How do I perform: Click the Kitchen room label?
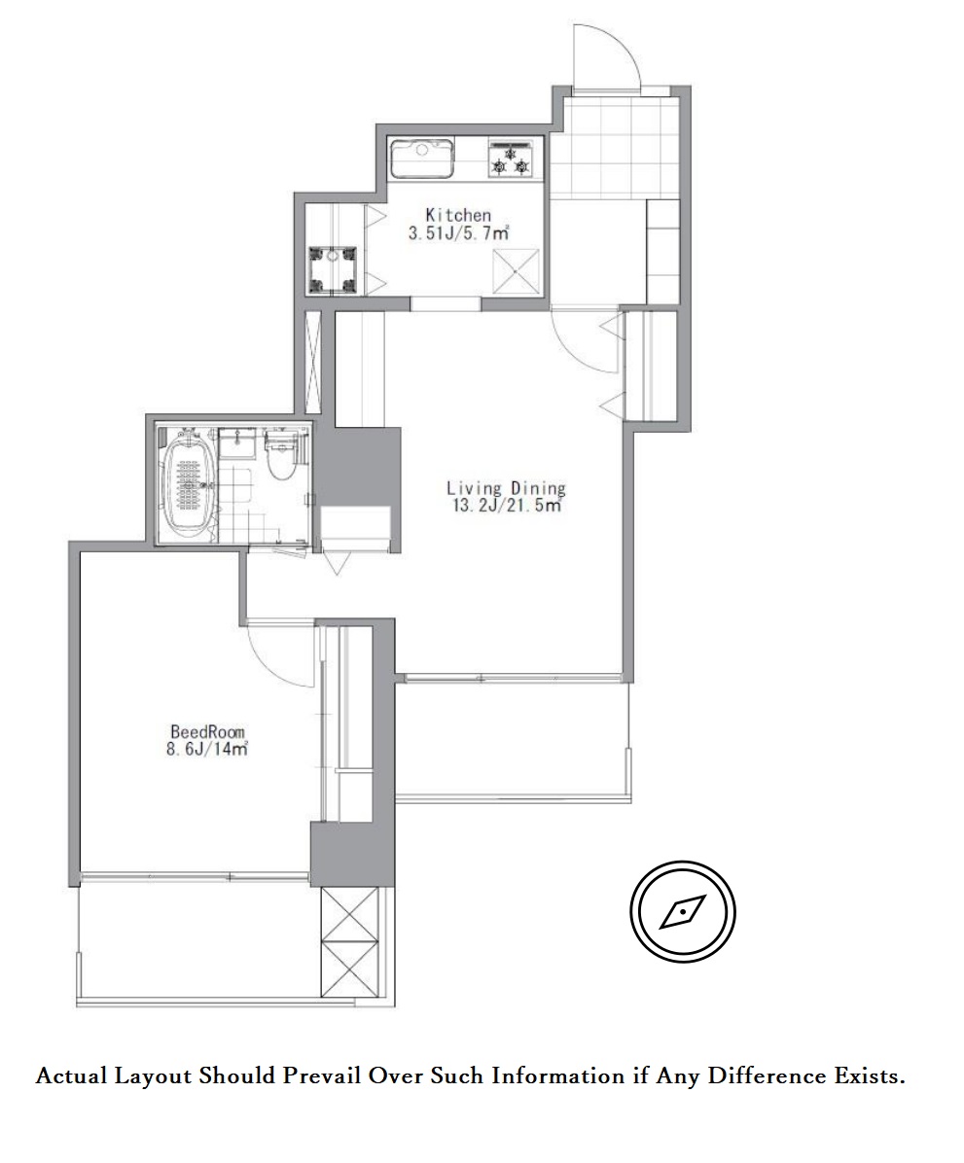pyautogui.click(x=458, y=215)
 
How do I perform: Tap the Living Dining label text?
pyautogui.click(x=506, y=488)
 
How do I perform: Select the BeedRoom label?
pyautogui.click(x=207, y=732)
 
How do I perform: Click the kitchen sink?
pyautogui.click(x=422, y=158)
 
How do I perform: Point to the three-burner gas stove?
pyautogui.click(x=511, y=158)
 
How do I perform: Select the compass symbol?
pyautogui.click(x=683, y=911)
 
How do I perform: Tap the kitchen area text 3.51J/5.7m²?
pyautogui.click(x=458, y=233)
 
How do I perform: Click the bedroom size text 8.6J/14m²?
pyautogui.click(x=207, y=749)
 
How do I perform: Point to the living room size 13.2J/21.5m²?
pyautogui.click(x=507, y=506)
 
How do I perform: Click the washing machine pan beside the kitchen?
pyautogui.click(x=334, y=270)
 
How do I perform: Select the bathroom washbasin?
pyautogui.click(x=239, y=444)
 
